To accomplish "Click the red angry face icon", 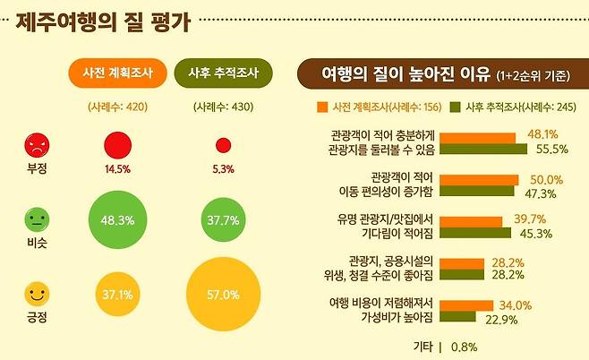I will (x=37, y=143).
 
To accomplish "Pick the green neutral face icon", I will (x=37, y=218).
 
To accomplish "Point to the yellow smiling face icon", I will (x=37, y=293).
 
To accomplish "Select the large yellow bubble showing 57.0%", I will (x=224, y=294).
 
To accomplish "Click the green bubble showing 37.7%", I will (x=224, y=219).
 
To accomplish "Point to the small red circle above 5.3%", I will (x=224, y=146).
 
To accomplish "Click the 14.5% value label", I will (x=118, y=168).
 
